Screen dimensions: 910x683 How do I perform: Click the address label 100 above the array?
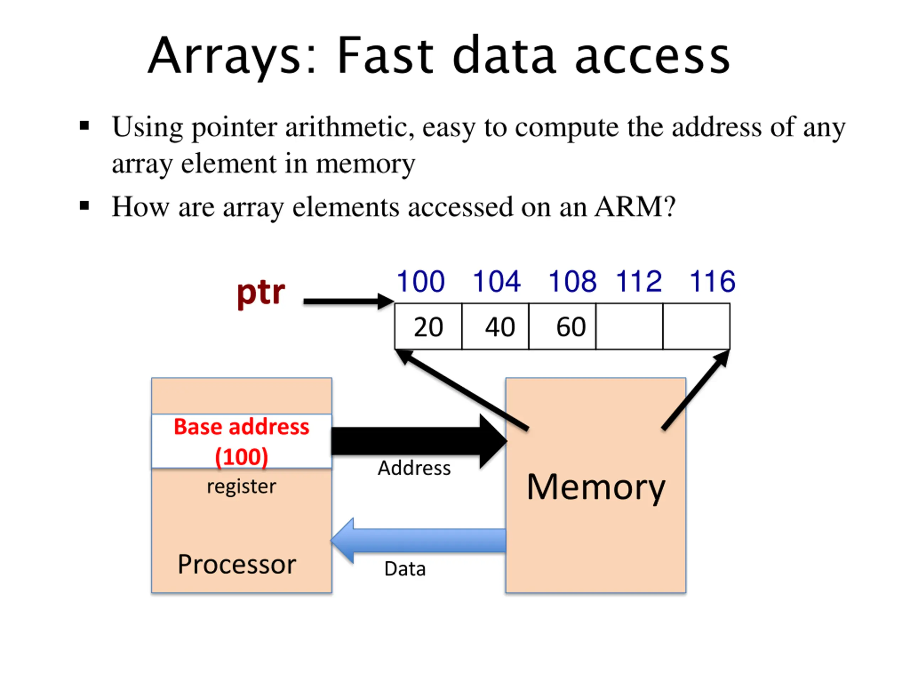click(x=421, y=282)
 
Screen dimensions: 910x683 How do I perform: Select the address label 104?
click(x=497, y=282)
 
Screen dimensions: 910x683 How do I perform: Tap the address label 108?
click(x=572, y=282)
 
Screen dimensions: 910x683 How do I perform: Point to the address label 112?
click(x=639, y=282)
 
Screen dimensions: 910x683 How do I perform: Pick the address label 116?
click(x=712, y=282)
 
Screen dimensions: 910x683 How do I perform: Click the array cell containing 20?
click(x=428, y=327)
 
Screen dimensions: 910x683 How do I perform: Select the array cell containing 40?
click(x=495, y=327)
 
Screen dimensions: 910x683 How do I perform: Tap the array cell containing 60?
click(x=562, y=327)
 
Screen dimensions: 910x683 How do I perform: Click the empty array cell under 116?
click(x=696, y=327)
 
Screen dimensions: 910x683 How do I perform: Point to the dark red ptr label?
click(x=261, y=293)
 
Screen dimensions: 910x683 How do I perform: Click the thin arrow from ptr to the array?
click(x=349, y=301)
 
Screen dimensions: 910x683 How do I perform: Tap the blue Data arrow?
click(x=418, y=541)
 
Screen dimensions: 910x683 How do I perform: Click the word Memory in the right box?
click(x=596, y=488)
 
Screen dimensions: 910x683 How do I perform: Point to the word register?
click(x=241, y=487)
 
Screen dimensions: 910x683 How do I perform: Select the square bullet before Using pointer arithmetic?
click(x=84, y=126)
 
